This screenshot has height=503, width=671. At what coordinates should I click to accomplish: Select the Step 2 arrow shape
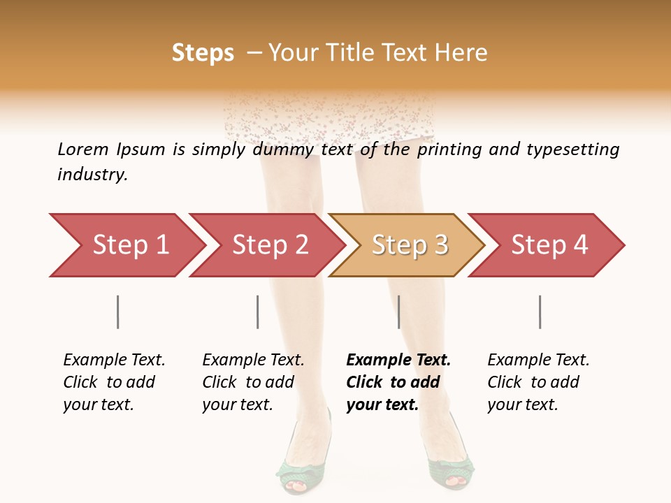point(267,245)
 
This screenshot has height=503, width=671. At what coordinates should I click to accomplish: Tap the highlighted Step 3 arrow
point(407,245)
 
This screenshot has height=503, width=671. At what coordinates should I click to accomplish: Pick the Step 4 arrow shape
point(547,245)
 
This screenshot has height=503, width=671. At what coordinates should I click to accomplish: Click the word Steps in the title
point(203,53)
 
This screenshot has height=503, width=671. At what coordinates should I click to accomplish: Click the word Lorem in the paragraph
point(82,149)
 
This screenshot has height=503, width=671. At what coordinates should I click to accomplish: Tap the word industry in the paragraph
point(92,174)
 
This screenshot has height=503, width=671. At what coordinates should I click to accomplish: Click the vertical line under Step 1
point(118,312)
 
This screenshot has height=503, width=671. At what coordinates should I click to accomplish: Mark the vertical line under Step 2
point(258,312)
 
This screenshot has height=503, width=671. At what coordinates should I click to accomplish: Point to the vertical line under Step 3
point(398,312)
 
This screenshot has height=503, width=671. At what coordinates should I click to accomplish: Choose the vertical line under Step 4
point(540,312)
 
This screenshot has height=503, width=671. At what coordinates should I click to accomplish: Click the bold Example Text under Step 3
point(398,360)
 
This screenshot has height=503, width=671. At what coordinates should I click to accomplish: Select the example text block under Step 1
point(114,382)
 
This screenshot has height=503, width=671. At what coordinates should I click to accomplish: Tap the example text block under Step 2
point(253,382)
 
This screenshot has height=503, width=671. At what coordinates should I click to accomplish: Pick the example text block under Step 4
point(538,382)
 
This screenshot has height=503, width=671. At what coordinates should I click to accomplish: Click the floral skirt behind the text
point(329,119)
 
